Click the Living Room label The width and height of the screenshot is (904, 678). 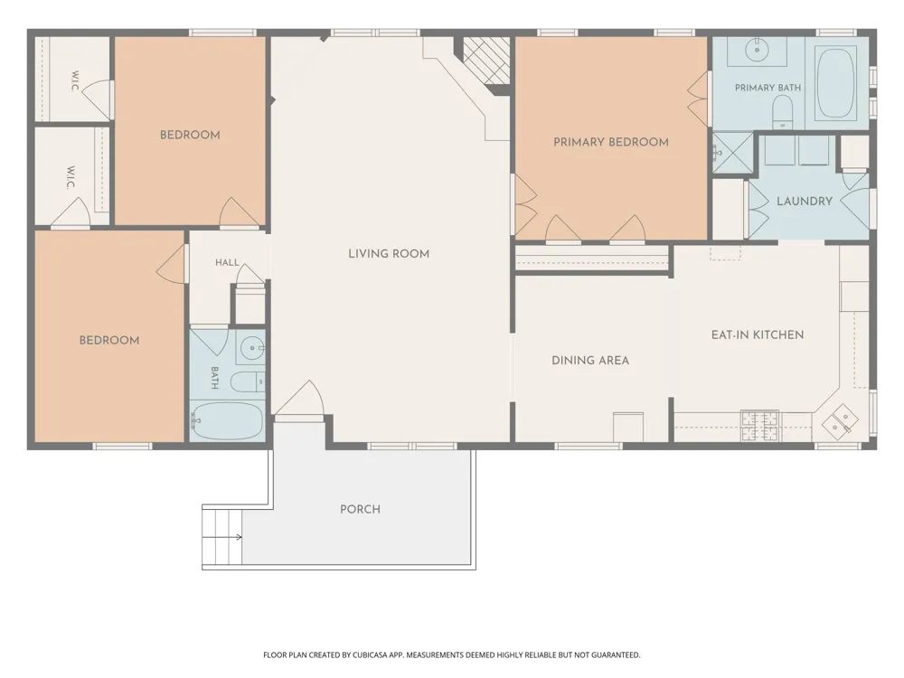point(389,254)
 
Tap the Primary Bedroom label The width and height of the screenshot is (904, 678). point(611,142)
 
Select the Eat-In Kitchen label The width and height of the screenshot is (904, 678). point(758,335)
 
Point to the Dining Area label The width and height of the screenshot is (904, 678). point(590,361)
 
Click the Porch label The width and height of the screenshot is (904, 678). point(361,509)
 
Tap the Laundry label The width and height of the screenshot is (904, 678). point(805,202)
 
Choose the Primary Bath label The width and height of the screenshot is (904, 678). point(767,88)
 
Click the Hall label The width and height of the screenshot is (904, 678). point(227,262)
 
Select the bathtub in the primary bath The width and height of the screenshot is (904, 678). point(836,83)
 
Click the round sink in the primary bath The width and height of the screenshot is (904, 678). point(757,50)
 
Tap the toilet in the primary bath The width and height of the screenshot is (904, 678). point(782,112)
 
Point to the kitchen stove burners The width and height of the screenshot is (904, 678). point(760,426)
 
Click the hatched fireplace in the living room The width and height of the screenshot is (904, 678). point(486,60)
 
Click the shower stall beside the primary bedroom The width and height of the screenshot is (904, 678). point(733,152)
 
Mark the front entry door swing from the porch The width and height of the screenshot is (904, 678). point(298,399)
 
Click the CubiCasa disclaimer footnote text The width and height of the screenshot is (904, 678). point(451,654)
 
